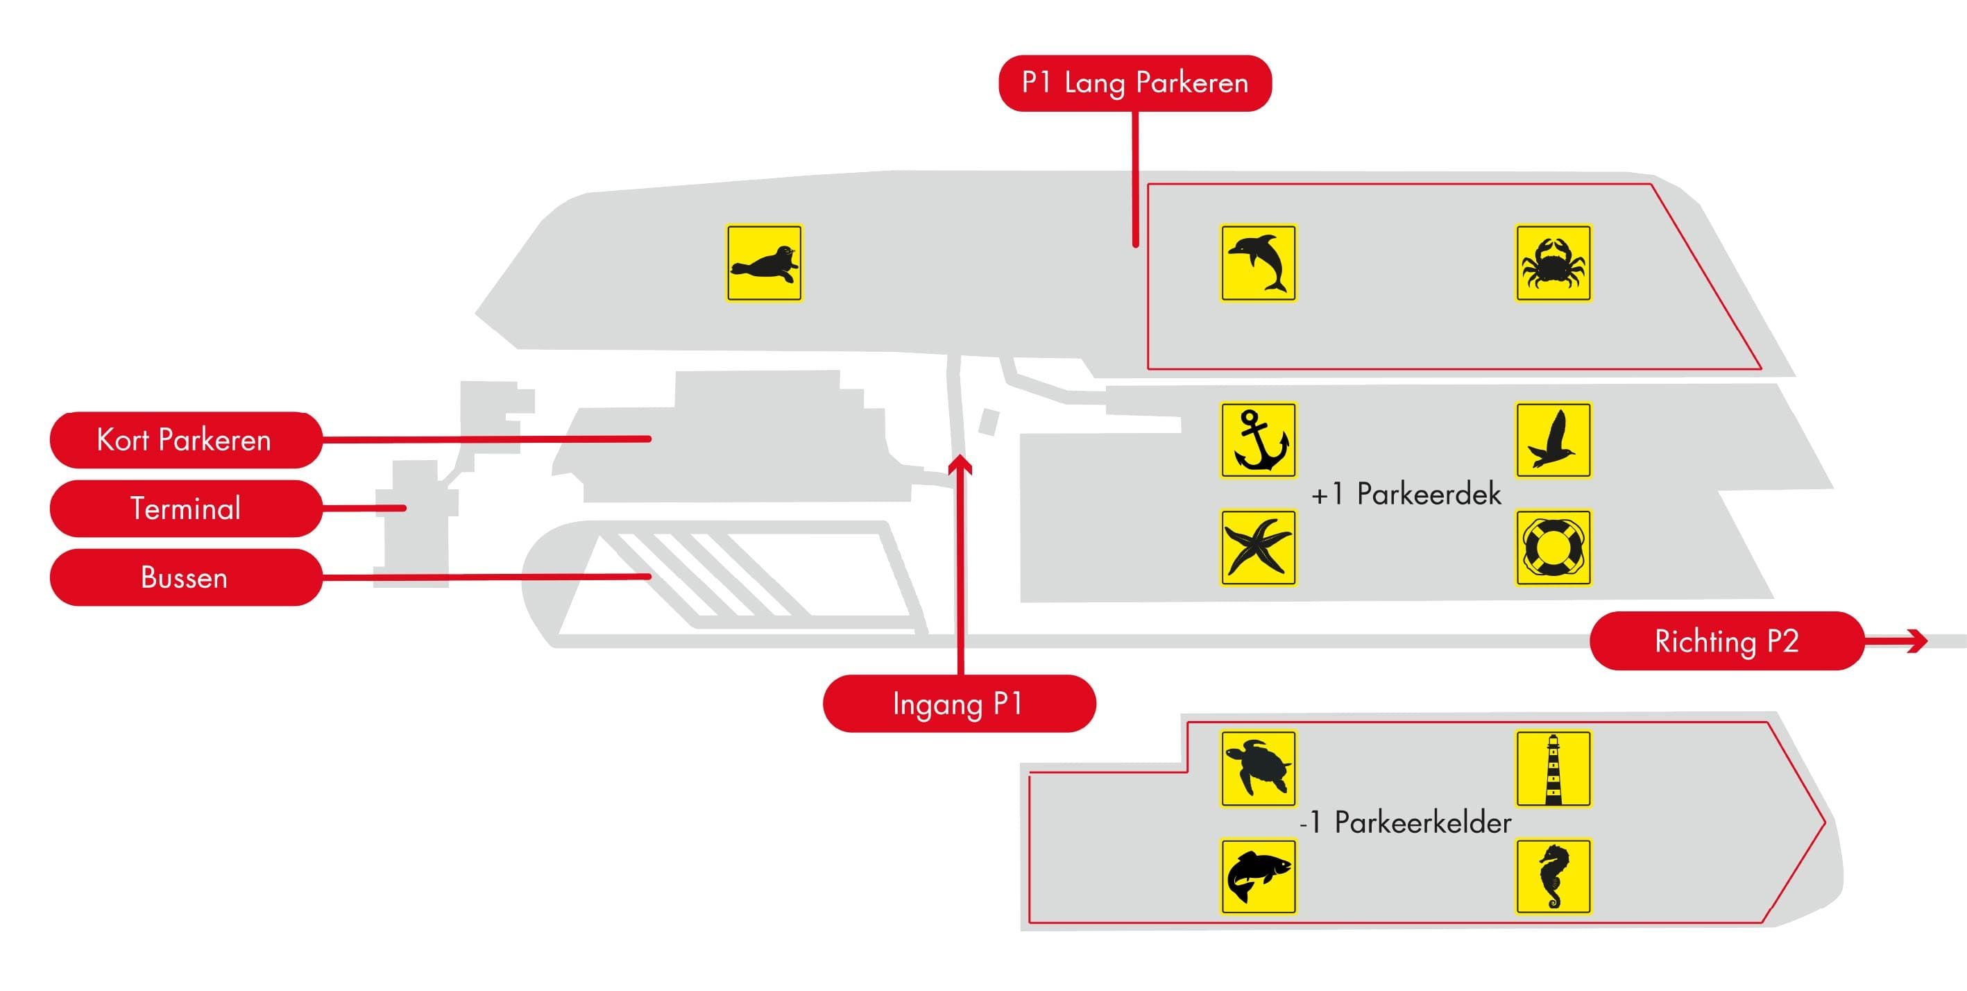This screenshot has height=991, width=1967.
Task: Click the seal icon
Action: click(x=764, y=262)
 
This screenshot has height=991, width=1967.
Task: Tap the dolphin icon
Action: click(x=1258, y=262)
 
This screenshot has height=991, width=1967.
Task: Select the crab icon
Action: click(x=1553, y=262)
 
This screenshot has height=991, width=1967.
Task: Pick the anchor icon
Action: click(x=1258, y=441)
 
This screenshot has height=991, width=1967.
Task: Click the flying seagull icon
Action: click(x=1553, y=441)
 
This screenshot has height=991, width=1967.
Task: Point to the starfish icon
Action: click(x=1258, y=548)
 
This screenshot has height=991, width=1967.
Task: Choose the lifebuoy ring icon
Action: click(x=1553, y=548)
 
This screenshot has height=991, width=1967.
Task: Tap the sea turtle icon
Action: click(x=1258, y=769)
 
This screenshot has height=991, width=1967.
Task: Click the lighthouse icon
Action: click(x=1553, y=769)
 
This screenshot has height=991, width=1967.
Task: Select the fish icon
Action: click(x=1258, y=876)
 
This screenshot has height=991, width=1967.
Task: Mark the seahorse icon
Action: click(x=1553, y=876)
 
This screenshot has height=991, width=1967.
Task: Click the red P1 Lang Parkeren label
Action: click(x=1134, y=83)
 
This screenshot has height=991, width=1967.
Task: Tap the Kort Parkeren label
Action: click(x=185, y=440)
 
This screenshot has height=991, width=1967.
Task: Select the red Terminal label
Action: click(x=185, y=509)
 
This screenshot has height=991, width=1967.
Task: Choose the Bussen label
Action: click(x=185, y=577)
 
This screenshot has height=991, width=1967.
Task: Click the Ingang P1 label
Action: click(x=958, y=703)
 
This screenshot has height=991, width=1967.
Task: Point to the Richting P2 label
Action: click(x=1726, y=641)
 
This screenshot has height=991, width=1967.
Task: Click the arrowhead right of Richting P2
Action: click(x=1916, y=641)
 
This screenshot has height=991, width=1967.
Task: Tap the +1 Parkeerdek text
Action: click(x=1406, y=495)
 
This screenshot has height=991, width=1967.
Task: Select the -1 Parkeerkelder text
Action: click(x=1405, y=822)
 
